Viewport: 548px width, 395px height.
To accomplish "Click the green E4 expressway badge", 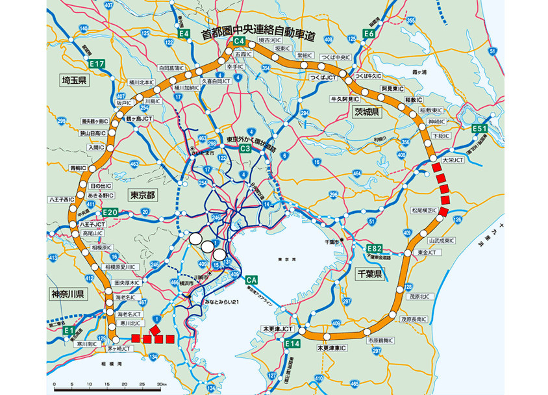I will tap(184, 33).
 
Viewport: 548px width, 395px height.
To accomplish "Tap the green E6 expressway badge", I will tap(369, 33).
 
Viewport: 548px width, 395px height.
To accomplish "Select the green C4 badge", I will tap(238, 44).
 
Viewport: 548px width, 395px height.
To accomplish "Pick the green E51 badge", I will tap(479, 129).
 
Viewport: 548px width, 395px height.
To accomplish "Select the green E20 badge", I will tap(110, 213).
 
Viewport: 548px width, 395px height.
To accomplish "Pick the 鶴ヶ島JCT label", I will tap(138, 119).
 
